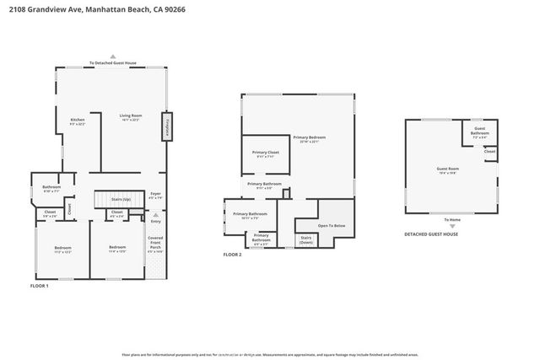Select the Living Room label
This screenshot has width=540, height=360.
[x=129, y=117]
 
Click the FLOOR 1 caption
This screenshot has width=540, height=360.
[x=40, y=287]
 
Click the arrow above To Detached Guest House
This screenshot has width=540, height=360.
[x=113, y=56]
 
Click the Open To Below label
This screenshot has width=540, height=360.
[x=331, y=226]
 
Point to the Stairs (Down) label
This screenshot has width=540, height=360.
[x=307, y=240]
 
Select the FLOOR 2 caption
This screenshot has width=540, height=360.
[x=232, y=254]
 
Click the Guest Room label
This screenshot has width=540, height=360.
[x=446, y=170]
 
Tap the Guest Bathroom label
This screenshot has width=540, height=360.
[x=479, y=132]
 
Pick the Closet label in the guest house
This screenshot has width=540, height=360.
[x=489, y=152]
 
